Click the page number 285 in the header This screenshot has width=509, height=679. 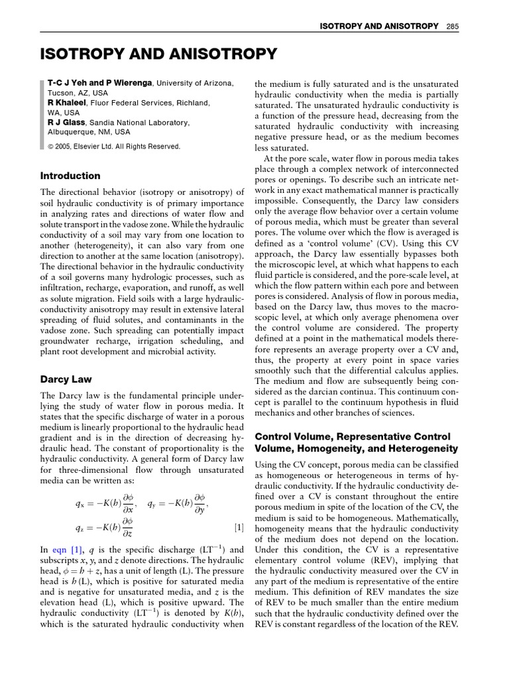coord(453,26)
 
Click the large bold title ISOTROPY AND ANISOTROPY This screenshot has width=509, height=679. coord(158,54)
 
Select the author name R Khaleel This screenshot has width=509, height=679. coord(69,103)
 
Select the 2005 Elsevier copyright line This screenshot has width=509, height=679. coord(113,147)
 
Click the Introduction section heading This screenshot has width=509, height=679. coord(70,176)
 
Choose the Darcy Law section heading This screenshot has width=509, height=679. coord(66,379)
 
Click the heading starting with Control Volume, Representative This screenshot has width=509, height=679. coord(352,437)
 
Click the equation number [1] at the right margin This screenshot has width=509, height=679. coord(239,528)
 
